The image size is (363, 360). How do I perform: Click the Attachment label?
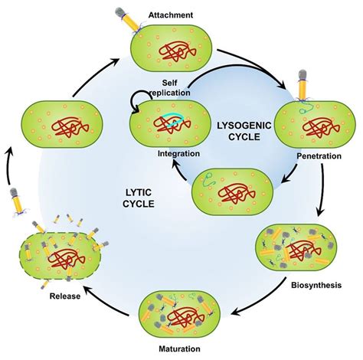coord(172,15)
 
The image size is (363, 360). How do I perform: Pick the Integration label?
coord(178,153)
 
